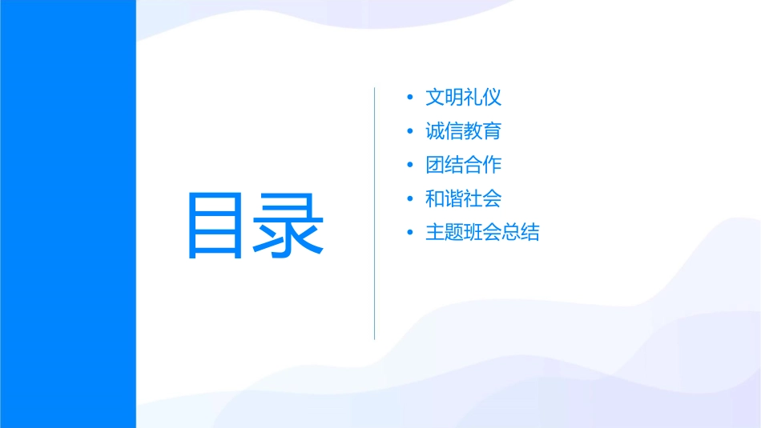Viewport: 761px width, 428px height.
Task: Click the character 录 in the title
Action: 289,226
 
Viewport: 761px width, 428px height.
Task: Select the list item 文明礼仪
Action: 463,98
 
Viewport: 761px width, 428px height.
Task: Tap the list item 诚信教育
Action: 463,131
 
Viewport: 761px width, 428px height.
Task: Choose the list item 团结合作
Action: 463,165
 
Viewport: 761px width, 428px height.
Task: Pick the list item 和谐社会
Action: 463,198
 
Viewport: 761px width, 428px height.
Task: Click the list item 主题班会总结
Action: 482,233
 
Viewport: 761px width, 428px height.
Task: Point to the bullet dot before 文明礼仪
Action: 410,98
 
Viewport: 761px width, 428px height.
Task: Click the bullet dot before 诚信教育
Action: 410,132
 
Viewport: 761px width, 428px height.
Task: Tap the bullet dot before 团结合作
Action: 410,166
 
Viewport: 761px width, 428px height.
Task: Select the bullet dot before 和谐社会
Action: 410,199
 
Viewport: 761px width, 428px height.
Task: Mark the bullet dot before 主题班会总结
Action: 410,234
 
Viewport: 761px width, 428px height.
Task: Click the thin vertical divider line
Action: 374,213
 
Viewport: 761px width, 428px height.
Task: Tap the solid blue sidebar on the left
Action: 67,214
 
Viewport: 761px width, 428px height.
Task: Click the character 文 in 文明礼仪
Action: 435,98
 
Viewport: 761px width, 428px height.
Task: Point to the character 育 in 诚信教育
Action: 492,131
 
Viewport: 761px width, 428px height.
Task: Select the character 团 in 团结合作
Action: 435,165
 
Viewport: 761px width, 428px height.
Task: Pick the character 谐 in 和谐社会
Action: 454,198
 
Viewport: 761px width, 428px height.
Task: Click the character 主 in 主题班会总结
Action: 435,233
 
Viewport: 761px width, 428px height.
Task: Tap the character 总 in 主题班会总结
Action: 511,233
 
